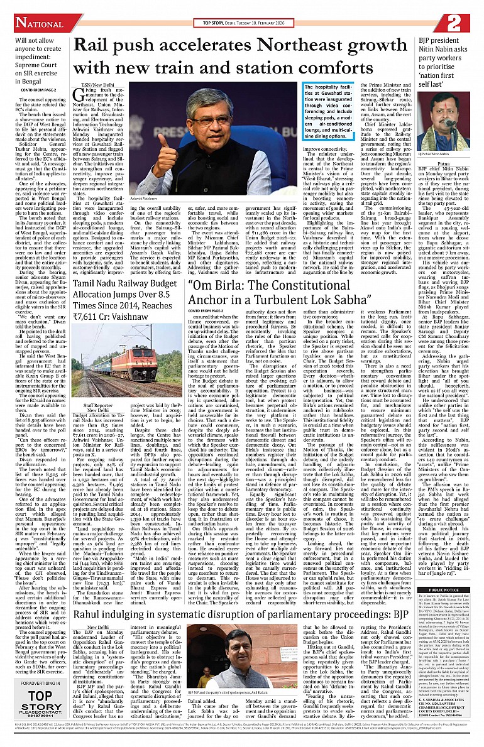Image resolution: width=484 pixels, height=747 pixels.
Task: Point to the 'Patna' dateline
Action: tap(439, 162)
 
